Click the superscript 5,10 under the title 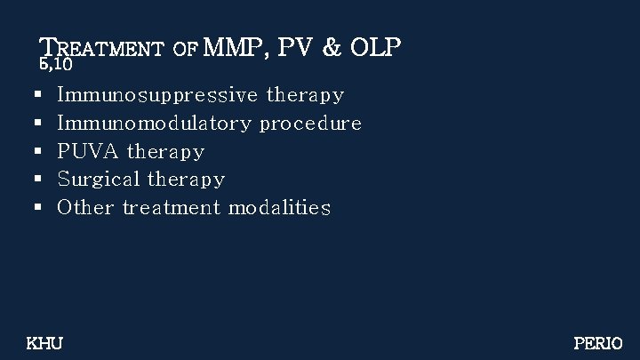55,65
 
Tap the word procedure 310,123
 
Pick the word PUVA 89,151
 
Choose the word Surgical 96,180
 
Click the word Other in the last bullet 85,208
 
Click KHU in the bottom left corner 44,341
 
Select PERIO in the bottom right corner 598,341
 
